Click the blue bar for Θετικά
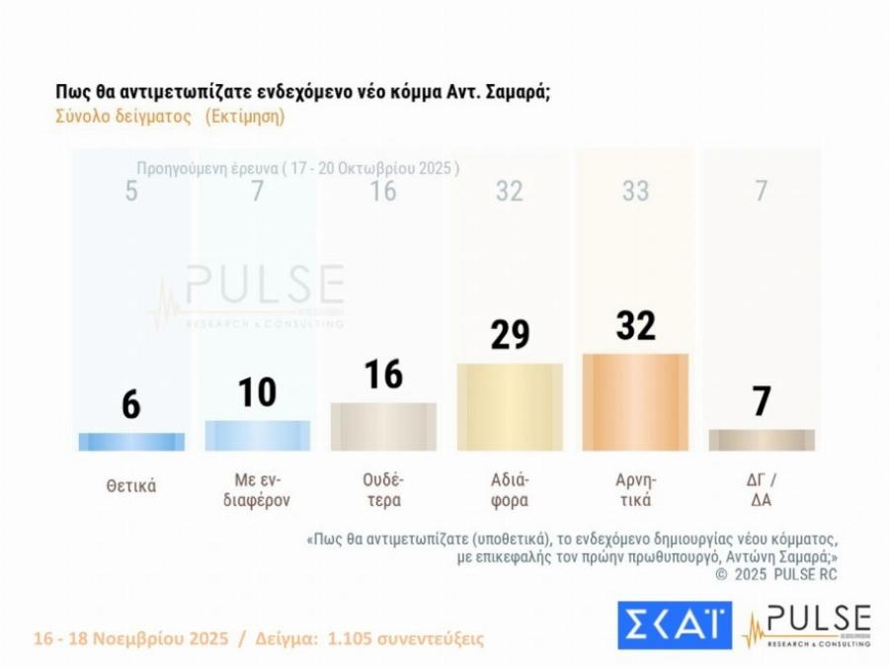131,442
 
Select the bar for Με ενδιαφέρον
257,436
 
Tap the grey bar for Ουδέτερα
383,427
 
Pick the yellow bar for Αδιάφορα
509,407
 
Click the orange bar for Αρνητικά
635,402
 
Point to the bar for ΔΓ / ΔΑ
762,441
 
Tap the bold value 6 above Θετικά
131,405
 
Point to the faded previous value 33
635,191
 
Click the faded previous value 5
131,191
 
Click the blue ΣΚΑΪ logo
675,625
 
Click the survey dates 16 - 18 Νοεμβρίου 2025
131,637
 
